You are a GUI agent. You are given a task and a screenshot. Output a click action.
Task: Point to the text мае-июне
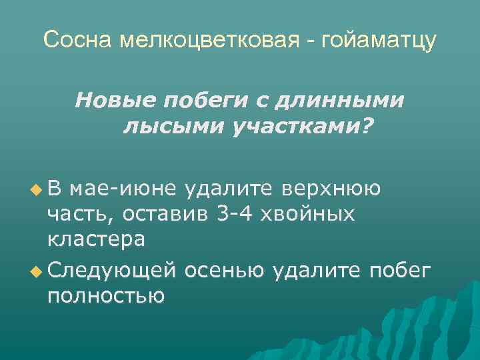coord(123,189)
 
